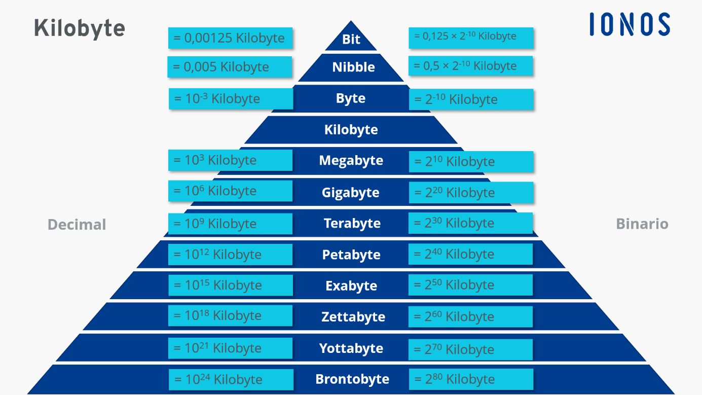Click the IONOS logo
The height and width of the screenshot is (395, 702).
point(630,24)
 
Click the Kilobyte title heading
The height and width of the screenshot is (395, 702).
point(80,28)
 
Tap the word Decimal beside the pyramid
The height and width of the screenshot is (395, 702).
point(77,225)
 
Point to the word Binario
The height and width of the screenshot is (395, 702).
point(642,224)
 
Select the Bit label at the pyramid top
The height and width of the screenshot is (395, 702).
point(351,40)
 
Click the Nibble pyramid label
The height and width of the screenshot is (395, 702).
point(353,67)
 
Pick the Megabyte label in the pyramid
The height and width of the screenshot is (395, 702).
point(351,161)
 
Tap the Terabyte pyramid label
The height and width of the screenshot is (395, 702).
point(352,224)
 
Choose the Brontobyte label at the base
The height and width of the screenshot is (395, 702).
point(352,379)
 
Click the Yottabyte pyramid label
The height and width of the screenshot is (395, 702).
point(351,348)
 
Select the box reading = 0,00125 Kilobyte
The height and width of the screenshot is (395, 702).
point(230,38)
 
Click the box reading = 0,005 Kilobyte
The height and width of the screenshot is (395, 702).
point(230,67)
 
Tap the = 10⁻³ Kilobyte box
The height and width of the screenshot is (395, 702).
point(231,99)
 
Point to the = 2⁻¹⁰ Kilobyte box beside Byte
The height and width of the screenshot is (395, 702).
point(471,99)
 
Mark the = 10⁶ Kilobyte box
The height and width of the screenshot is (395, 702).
point(230,191)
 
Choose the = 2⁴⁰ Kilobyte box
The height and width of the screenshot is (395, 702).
point(470,254)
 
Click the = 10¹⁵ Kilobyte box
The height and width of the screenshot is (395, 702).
point(231,285)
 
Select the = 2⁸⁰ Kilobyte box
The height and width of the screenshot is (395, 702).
point(471,379)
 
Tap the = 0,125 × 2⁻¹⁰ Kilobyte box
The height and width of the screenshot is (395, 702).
point(471,38)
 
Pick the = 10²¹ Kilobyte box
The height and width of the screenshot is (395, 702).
point(230,348)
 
